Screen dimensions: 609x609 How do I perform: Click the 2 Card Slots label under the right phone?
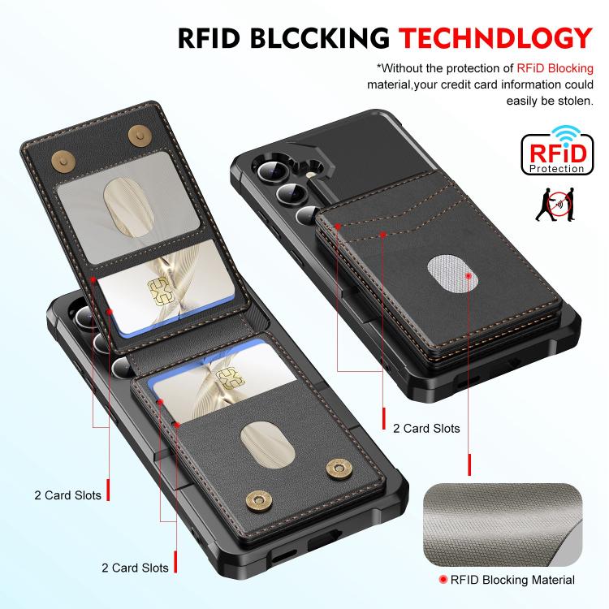tap(426, 428)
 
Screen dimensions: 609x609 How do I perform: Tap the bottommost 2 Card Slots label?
tap(136, 568)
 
